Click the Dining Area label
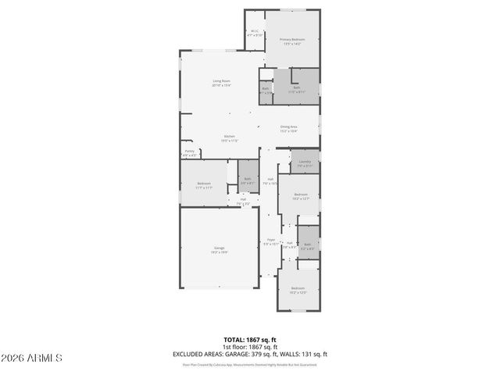289,129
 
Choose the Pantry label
190,153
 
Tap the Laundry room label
305,163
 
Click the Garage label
220,250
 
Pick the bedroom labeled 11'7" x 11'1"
204,185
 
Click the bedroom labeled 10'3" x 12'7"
301,197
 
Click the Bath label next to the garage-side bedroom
248,180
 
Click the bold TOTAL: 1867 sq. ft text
250,340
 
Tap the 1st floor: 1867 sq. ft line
250,347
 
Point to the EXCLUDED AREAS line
250,355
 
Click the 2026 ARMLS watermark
32,358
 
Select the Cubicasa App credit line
250,364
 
